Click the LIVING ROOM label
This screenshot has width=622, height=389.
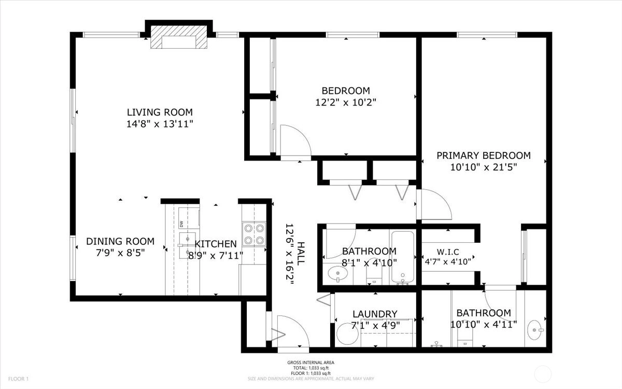(x=160, y=112)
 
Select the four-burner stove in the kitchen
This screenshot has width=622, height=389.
(x=254, y=234)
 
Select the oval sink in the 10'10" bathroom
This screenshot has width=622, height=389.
(x=535, y=330)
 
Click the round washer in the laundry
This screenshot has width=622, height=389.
(x=347, y=334)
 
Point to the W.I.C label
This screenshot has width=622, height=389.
(x=448, y=252)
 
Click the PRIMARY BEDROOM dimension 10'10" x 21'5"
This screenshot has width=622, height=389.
(x=484, y=167)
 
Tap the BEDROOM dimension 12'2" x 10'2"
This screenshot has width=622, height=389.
(x=346, y=103)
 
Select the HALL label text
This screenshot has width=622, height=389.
(x=301, y=254)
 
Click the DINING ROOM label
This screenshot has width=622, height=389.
(x=120, y=241)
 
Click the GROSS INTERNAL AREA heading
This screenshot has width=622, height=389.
(x=310, y=363)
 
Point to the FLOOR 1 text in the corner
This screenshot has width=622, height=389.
(x=18, y=379)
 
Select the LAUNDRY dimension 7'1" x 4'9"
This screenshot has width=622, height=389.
(x=375, y=325)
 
